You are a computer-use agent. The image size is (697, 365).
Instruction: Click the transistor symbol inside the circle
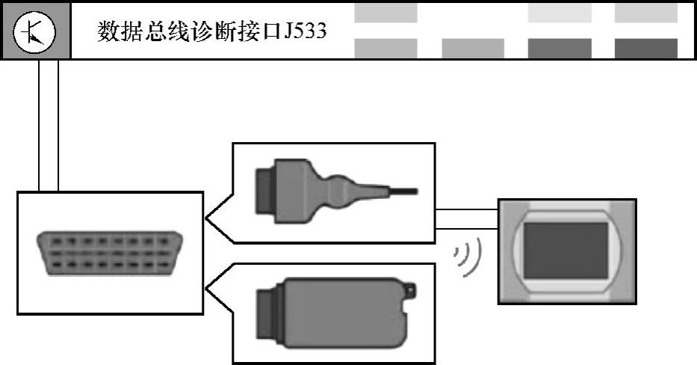35,32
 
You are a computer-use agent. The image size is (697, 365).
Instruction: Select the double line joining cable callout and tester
466,218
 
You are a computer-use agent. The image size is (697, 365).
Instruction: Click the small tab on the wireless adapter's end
411,289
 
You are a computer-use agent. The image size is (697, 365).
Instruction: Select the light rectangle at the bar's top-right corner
645,13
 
